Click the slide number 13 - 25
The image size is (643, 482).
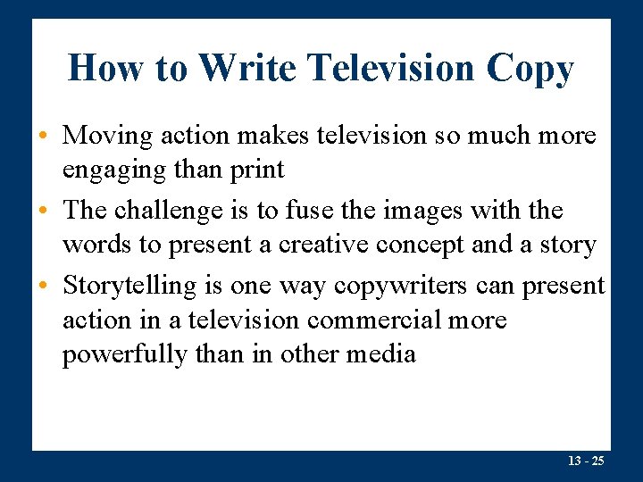(586, 461)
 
